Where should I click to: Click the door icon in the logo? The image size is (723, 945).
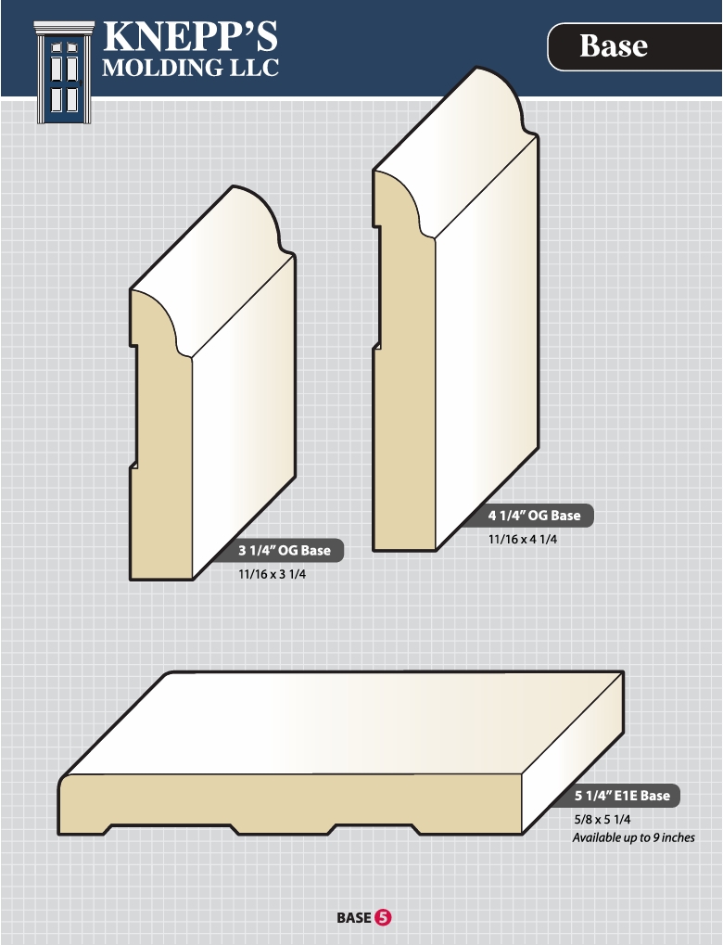click(65, 72)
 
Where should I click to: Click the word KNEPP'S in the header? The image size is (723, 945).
click(190, 36)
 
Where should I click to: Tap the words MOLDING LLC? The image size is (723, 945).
click(190, 68)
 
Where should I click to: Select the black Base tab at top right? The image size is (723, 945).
click(634, 46)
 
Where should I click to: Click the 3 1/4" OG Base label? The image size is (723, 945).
click(285, 550)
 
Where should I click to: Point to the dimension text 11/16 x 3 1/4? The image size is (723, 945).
click(272, 574)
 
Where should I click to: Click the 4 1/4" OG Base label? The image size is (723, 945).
click(535, 516)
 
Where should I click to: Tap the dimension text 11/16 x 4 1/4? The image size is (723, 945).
click(523, 540)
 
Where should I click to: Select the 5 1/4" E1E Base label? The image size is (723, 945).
click(622, 796)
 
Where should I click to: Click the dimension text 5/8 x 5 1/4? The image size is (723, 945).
click(602, 820)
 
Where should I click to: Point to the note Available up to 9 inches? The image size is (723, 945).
click(633, 837)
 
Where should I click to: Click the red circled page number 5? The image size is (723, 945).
click(383, 918)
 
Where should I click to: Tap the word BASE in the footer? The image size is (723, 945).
click(354, 918)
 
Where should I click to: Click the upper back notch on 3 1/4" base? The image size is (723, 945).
click(133, 345)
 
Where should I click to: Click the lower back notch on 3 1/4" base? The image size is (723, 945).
click(133, 465)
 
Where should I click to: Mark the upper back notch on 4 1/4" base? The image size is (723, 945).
click(376, 226)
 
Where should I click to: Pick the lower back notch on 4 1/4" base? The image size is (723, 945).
click(376, 346)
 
